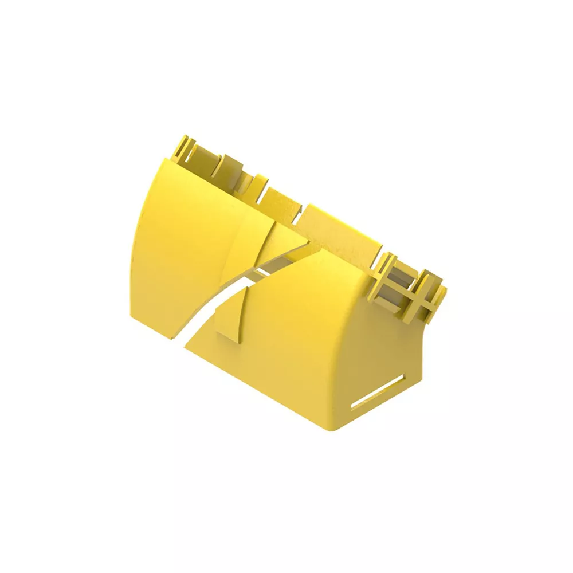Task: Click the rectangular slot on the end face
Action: tap(378, 393)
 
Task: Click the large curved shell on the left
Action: tap(178, 241)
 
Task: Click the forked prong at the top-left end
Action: tap(182, 148)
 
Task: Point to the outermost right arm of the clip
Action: tap(438, 295)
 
